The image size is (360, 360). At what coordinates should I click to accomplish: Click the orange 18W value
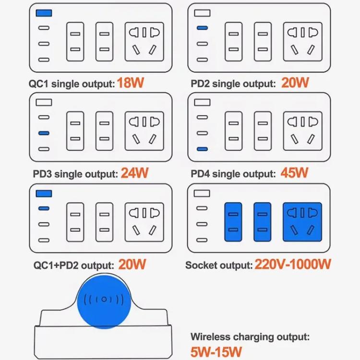131,83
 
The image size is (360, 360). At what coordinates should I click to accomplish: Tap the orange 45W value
295,173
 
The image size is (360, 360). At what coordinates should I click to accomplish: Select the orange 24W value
134,173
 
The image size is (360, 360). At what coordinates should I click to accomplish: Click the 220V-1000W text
293,264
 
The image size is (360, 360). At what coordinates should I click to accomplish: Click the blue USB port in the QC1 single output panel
44,13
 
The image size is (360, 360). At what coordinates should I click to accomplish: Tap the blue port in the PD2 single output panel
202,28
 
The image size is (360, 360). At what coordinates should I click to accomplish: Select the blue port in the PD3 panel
44,133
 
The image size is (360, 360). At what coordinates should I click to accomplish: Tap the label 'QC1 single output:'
72,84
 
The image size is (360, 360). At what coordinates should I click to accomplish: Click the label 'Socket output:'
219,265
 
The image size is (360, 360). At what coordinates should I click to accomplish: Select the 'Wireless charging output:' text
250,337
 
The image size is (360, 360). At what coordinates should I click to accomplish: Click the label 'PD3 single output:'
75,174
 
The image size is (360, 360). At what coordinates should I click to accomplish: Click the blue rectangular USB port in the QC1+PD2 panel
44,193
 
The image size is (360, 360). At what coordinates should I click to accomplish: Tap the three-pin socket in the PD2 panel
301,42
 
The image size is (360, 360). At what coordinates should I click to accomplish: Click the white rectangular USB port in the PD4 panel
202,102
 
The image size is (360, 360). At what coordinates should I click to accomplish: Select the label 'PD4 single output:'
233,174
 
